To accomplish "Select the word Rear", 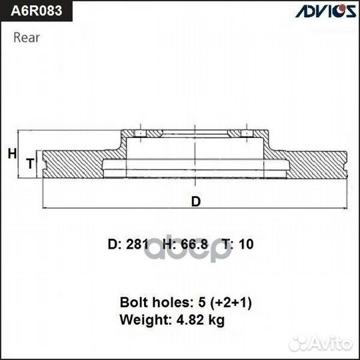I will tap(27, 37).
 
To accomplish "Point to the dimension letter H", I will tap(11, 154).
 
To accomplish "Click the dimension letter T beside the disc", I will tap(29, 163).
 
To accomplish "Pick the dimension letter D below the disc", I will tap(195, 201).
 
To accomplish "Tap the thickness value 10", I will tap(246, 245).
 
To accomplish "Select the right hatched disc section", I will tap(317, 164).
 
